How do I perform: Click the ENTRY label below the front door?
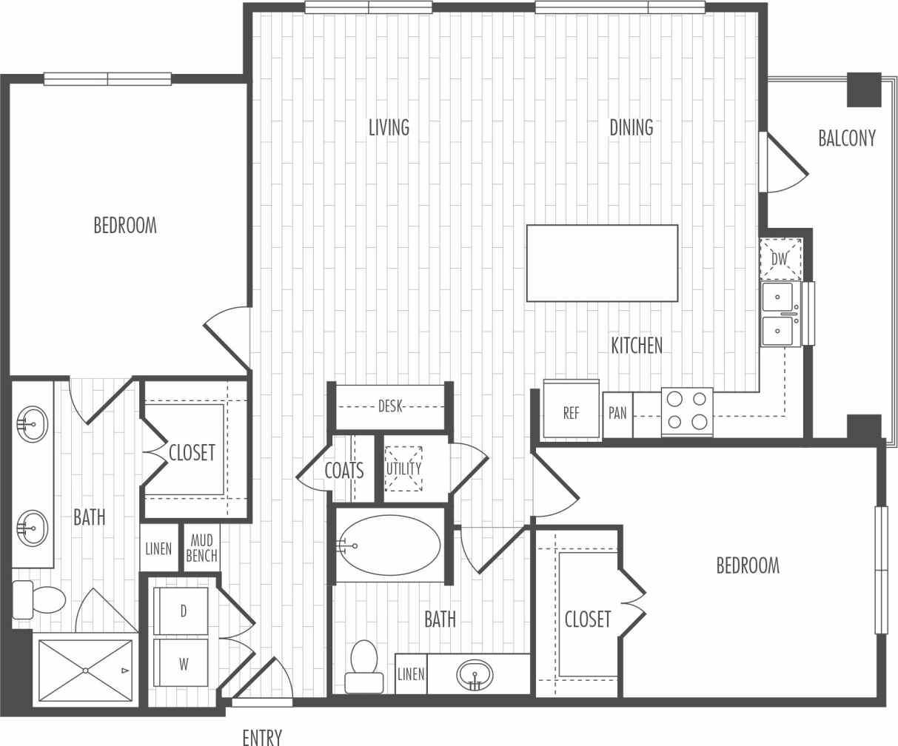[262, 736]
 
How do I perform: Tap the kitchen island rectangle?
[602, 263]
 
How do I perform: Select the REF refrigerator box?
[572, 412]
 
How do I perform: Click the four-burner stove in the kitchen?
[687, 411]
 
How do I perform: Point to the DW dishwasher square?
[780, 259]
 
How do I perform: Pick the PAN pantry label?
[617, 413]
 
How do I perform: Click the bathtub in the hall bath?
[390, 545]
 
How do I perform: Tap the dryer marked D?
[181, 611]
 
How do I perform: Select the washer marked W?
[181, 663]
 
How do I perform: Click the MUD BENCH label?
[201, 548]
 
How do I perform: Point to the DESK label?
[390, 406]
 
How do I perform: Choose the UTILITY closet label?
[403, 468]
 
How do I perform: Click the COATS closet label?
[344, 470]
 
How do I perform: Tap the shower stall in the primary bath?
[85, 671]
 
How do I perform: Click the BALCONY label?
[847, 138]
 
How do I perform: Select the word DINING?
[631, 127]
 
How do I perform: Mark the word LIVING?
[389, 127]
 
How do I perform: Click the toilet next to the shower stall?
[41, 599]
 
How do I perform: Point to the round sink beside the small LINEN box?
[475, 674]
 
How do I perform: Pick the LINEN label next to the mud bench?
[158, 548]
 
